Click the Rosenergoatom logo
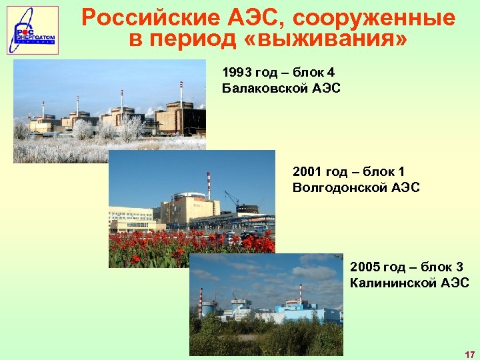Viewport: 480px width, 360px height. click(x=32, y=30)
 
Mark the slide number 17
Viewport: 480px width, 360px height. click(x=469, y=354)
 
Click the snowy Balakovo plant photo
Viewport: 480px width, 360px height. click(x=110, y=110)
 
